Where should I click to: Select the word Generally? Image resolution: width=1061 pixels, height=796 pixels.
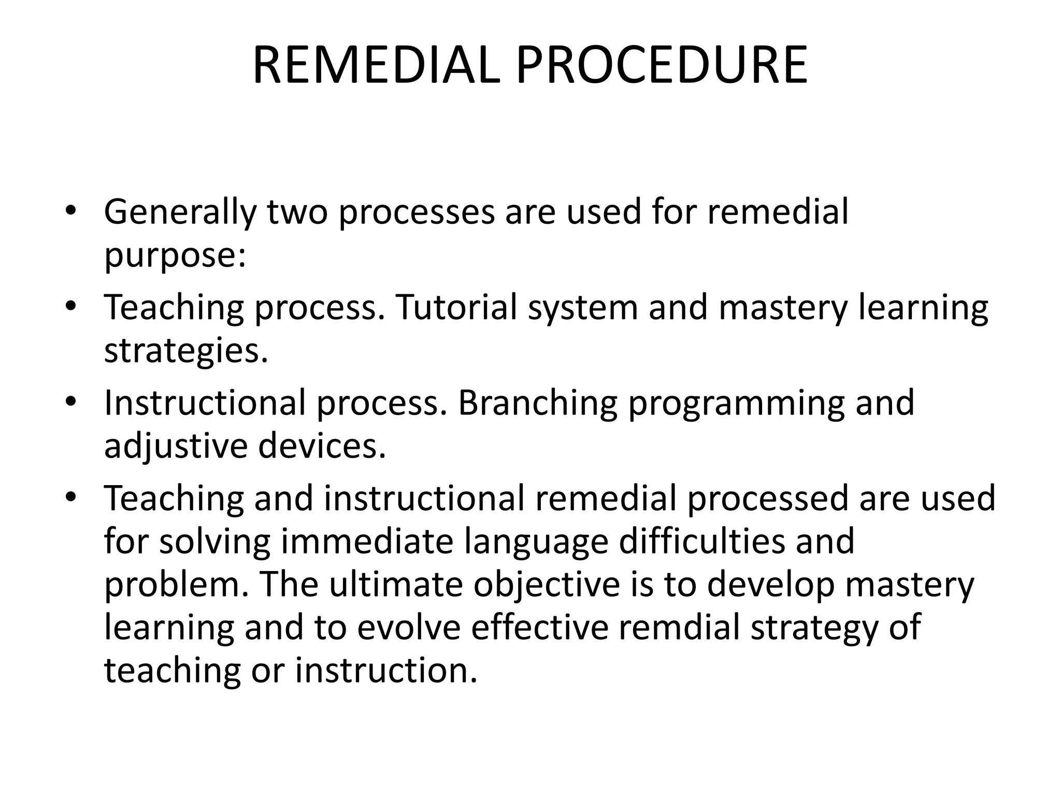click(x=180, y=212)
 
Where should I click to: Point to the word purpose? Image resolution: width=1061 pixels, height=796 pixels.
click(x=175, y=255)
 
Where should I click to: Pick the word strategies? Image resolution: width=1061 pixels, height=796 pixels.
click(x=186, y=351)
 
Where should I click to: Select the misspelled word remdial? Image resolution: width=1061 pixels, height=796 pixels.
click(x=679, y=627)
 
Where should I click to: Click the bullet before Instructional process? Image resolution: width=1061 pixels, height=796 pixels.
click(x=71, y=403)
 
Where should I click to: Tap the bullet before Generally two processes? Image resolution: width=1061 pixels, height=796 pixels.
click(x=71, y=211)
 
